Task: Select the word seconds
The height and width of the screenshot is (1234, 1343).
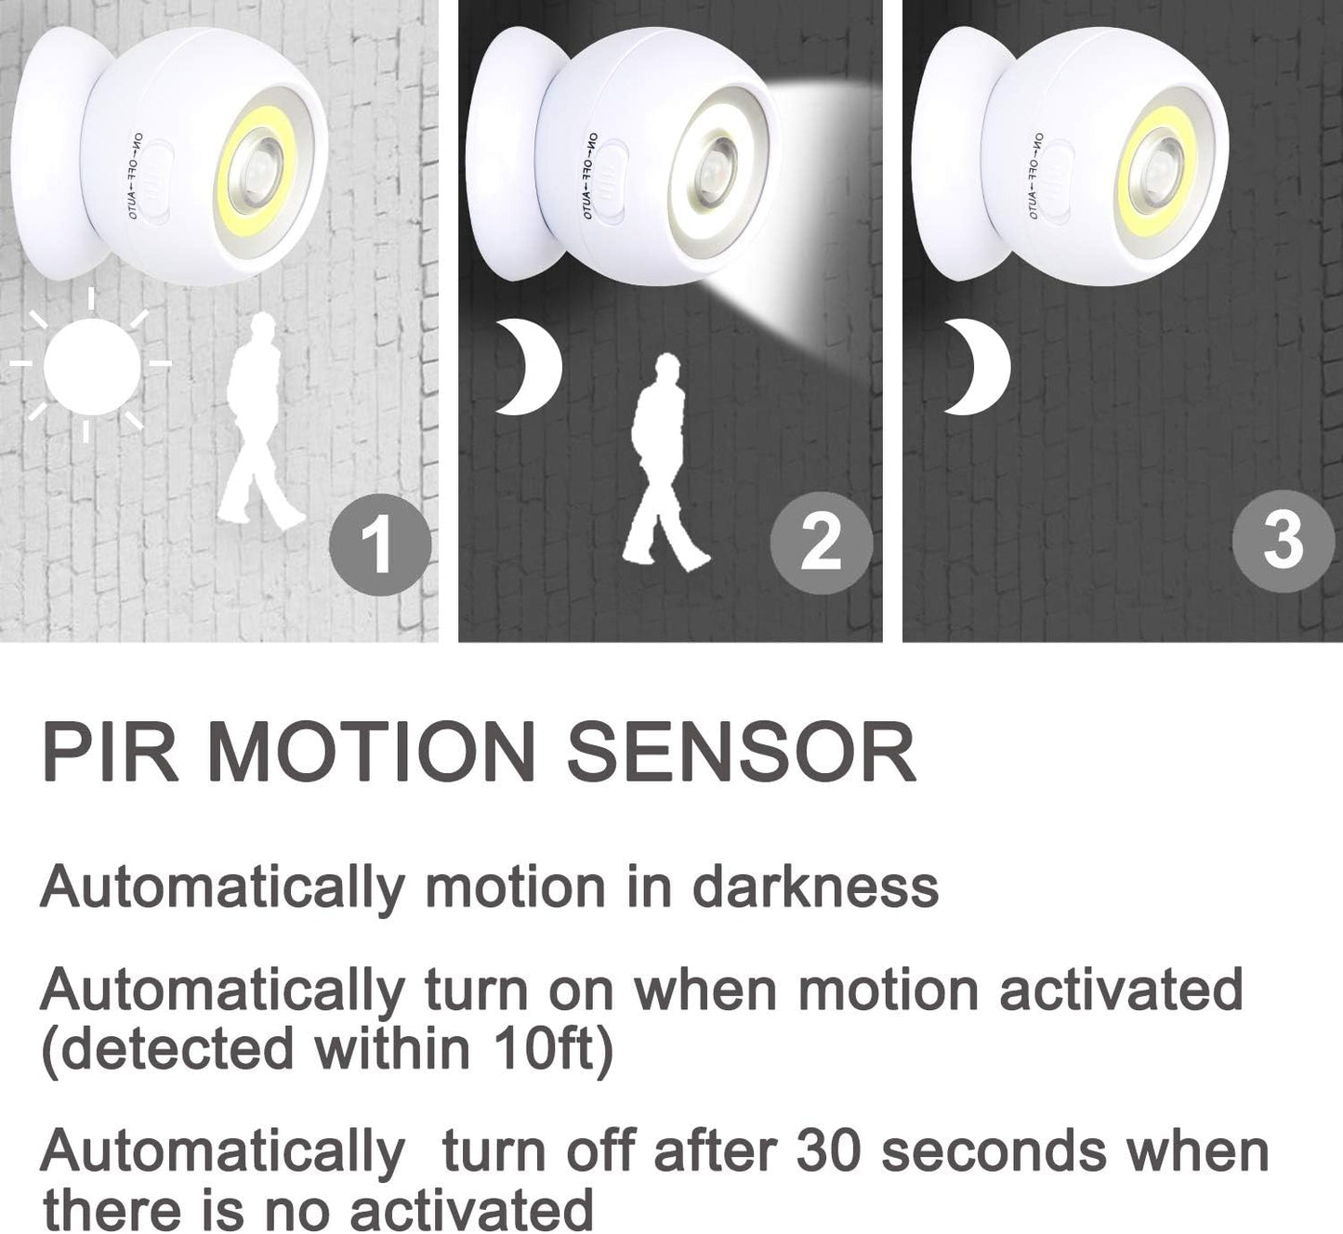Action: click(993, 1151)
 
